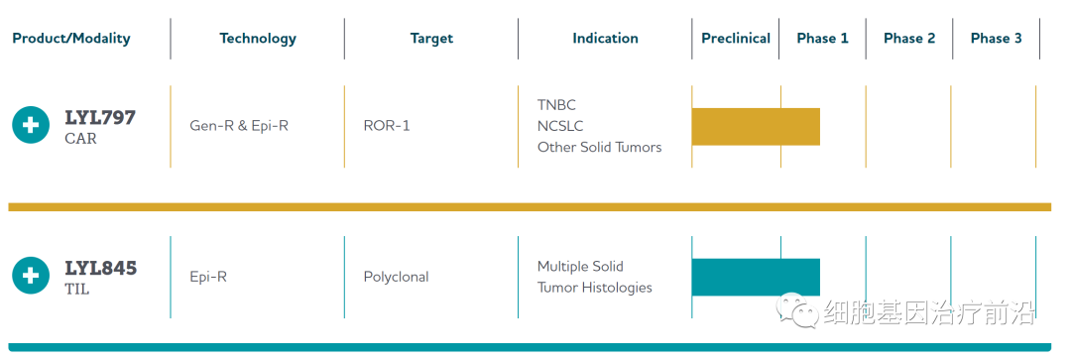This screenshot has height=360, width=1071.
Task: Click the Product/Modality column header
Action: tap(71, 39)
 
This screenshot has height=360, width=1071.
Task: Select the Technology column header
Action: tap(258, 39)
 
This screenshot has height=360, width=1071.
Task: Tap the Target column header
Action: tap(431, 39)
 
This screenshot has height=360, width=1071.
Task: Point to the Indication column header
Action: tap(605, 39)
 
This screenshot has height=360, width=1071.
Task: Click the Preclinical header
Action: tap(736, 39)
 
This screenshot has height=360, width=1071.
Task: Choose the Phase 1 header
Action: tap(822, 39)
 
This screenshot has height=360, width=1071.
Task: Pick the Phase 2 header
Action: tap(909, 39)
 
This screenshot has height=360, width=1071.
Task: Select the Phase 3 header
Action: tap(996, 39)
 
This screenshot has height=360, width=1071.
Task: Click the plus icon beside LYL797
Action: tap(31, 125)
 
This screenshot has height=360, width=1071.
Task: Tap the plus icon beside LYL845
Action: tap(31, 276)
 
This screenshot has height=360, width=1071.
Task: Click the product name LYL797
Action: tap(100, 117)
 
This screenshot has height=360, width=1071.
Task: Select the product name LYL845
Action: tap(101, 269)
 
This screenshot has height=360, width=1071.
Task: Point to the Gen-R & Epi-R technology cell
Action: tap(239, 126)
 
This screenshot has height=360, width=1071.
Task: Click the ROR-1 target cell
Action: tap(387, 126)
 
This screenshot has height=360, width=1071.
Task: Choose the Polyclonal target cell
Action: tap(396, 278)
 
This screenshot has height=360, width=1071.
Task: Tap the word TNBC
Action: tap(556, 105)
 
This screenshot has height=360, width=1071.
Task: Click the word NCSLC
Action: tap(560, 126)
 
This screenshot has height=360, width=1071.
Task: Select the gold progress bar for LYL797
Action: tap(756, 126)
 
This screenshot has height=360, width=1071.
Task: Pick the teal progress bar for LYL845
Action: tap(756, 278)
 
